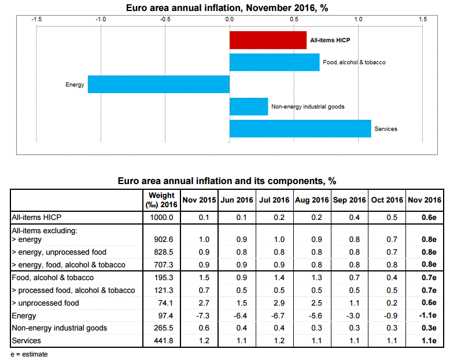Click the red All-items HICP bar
tap(268, 40)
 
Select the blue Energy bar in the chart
tap(158, 85)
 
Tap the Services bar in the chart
tap(300, 128)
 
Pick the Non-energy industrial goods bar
tap(249, 106)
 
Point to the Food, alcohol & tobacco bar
tap(274, 62)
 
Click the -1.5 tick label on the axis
tap(36, 19)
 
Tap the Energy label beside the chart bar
tap(75, 85)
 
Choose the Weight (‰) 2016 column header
tap(161, 200)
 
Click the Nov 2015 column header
tap(199, 200)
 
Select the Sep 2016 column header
tap(349, 200)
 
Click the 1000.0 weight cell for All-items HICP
tap(161, 217)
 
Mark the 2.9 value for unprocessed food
tap(274, 303)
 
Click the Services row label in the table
tap(27, 340)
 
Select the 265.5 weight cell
tap(161, 328)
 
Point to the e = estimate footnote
tap(29, 354)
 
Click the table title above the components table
tap(227, 181)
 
